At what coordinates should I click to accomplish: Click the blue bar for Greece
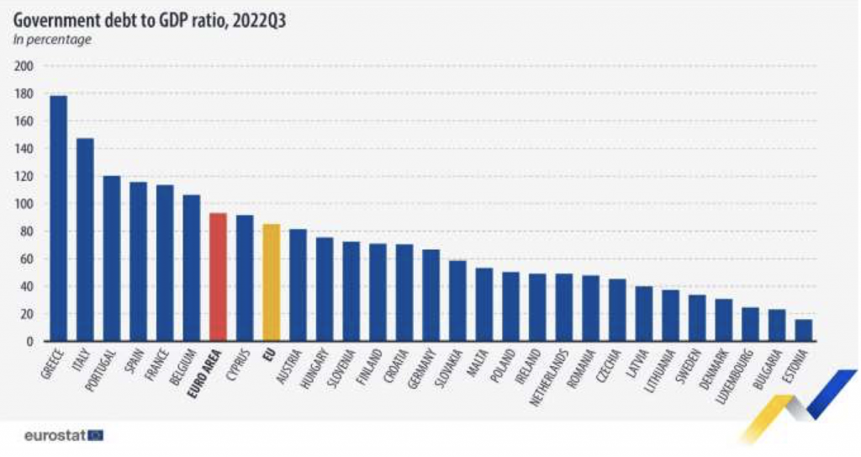58,219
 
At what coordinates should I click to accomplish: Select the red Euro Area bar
218,278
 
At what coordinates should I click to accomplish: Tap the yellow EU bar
271,283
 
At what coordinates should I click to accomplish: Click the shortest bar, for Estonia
804,331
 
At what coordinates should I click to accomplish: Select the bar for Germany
430,295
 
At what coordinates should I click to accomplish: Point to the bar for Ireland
537,308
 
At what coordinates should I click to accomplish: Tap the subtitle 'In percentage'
51,39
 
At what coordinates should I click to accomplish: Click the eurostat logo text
54,436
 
